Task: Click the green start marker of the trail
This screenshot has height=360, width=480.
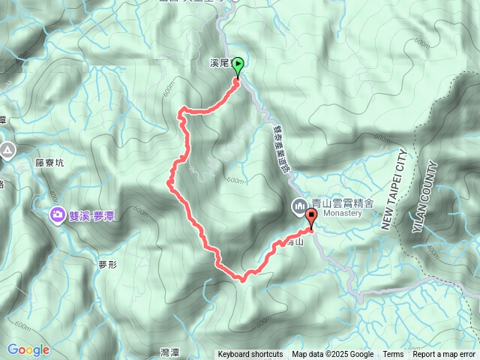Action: point(238,66)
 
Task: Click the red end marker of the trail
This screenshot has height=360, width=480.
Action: point(310,217)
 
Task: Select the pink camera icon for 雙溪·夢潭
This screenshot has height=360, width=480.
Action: point(57,216)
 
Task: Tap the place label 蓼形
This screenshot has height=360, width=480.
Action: point(109,263)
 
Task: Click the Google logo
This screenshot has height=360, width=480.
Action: point(28,349)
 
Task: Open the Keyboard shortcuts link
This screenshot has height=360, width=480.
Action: point(250,355)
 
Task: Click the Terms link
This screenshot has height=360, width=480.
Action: point(393,355)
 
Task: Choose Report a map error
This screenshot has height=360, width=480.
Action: point(444,355)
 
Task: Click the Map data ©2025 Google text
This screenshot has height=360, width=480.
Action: point(333,355)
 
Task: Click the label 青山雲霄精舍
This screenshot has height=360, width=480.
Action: point(337,202)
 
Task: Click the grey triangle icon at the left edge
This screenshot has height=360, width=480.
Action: point(7,151)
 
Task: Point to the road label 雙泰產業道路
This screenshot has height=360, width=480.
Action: point(280,149)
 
